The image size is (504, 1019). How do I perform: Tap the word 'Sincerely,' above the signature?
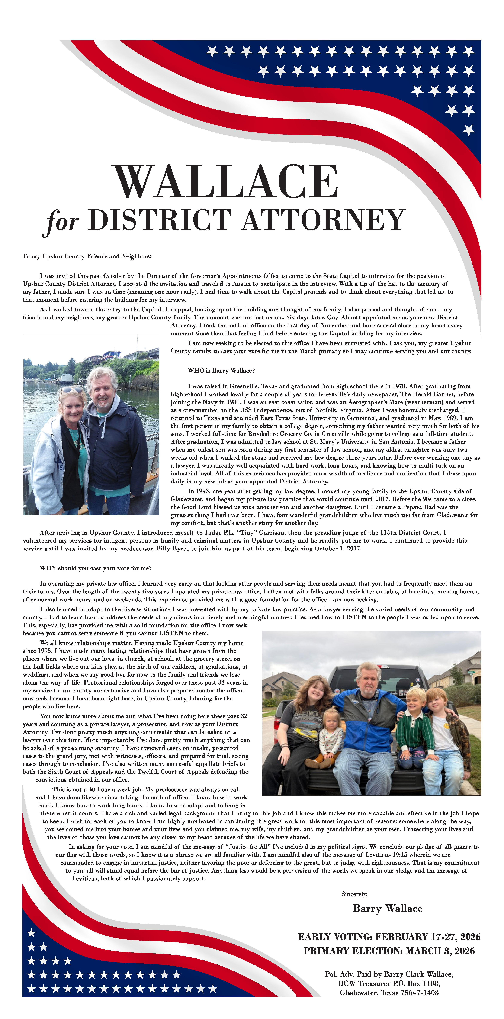[x=354, y=894]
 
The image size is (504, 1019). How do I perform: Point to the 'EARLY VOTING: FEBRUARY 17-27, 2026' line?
[x=389, y=937]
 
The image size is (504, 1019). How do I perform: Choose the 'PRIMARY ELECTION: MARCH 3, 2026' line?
[x=389, y=951]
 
